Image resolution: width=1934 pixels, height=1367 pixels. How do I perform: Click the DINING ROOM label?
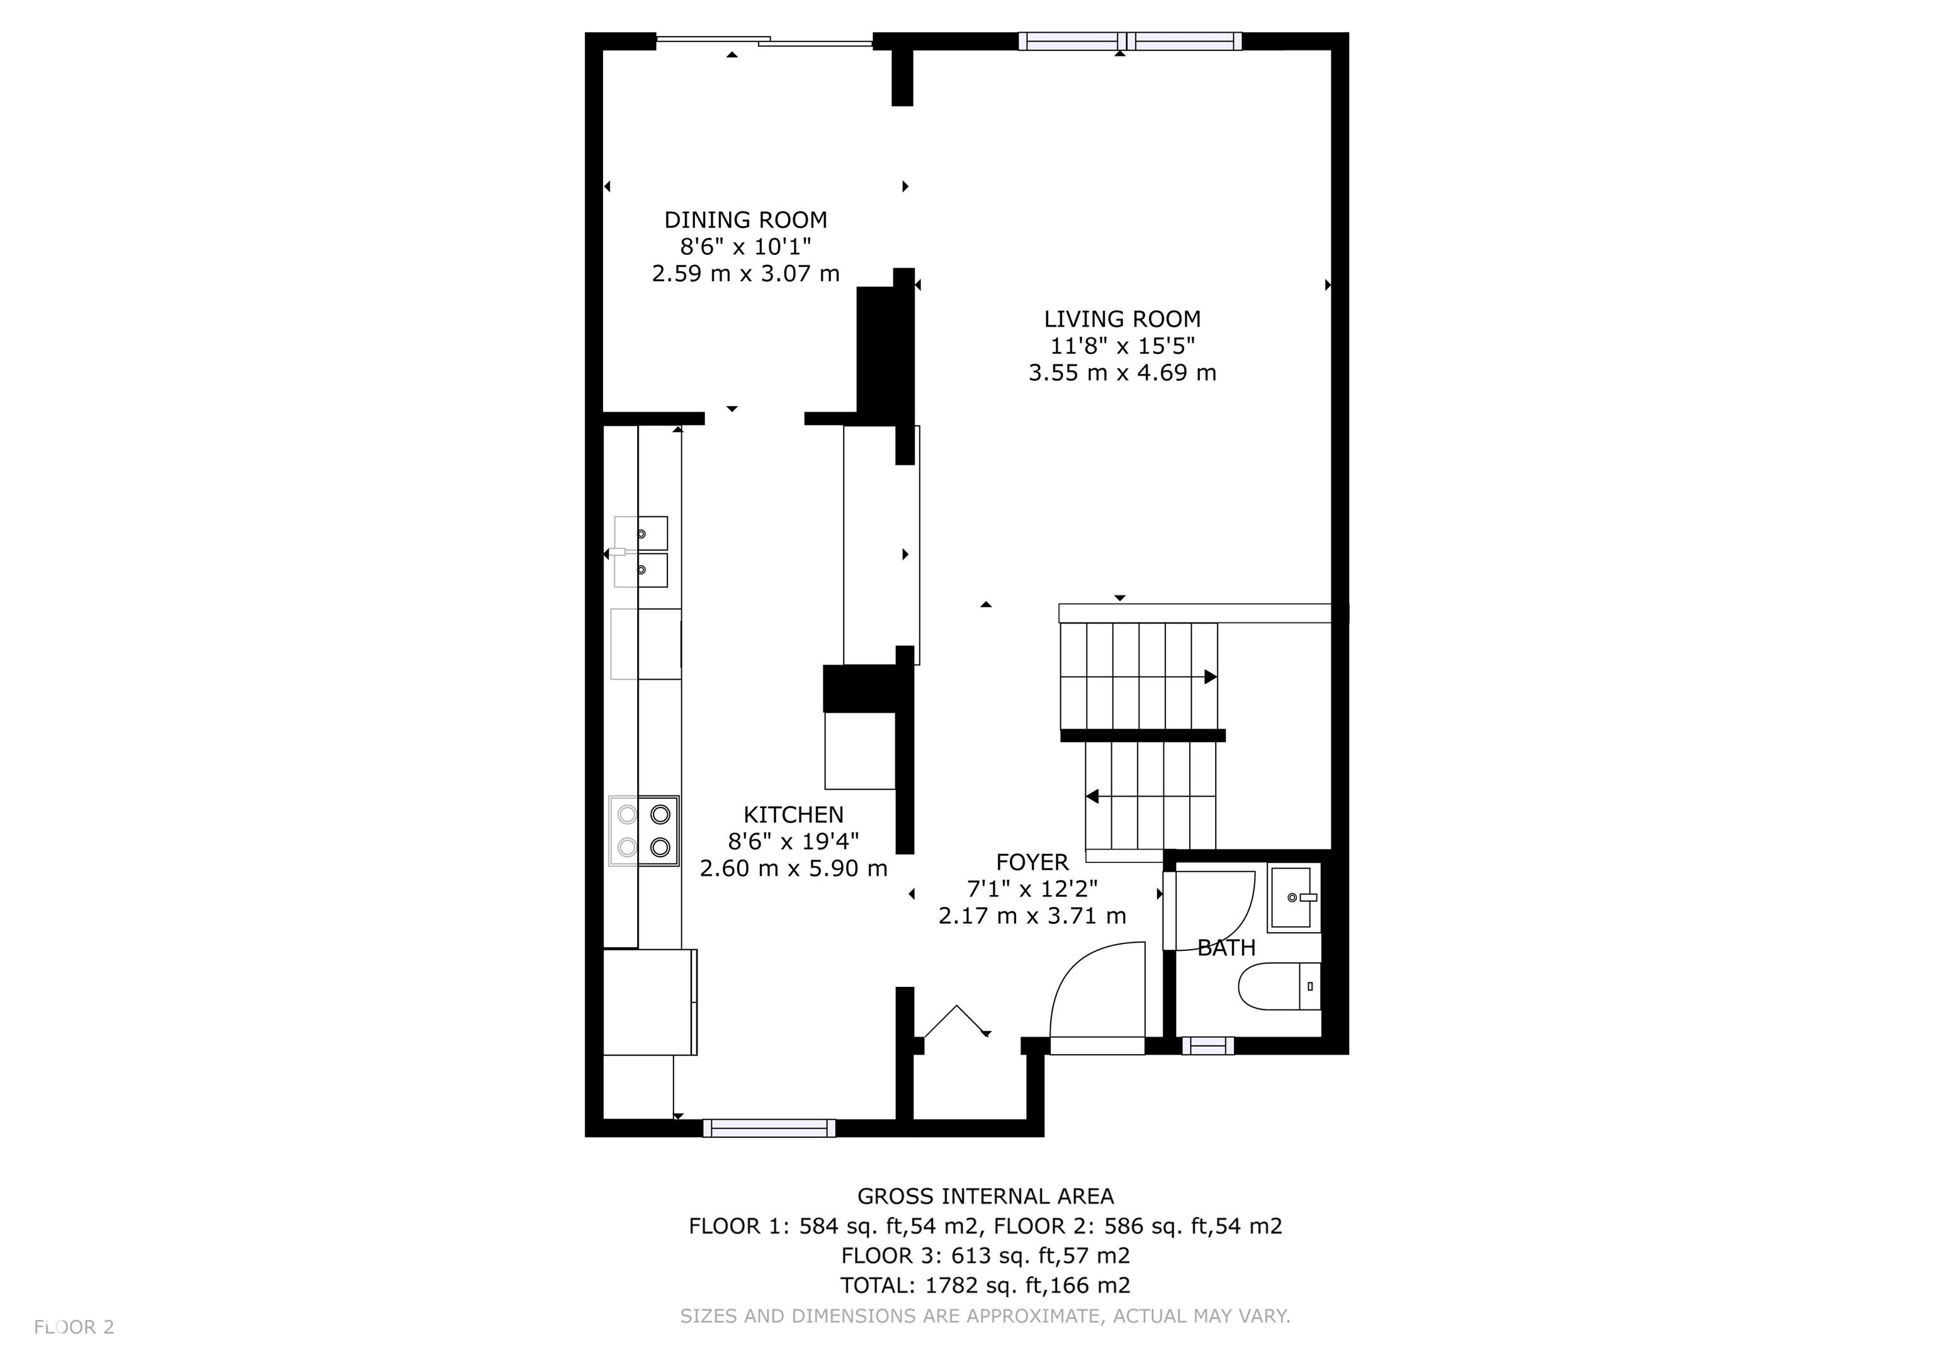click(x=745, y=220)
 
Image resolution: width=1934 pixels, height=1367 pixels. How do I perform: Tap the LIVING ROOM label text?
click(x=1122, y=319)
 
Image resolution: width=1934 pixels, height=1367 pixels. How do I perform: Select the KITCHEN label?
click(x=793, y=814)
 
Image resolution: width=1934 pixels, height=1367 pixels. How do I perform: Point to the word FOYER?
click(x=1032, y=862)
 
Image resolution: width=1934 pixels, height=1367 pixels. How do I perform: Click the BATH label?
click(x=1226, y=948)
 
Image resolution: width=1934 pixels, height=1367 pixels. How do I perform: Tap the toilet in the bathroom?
click(x=1279, y=986)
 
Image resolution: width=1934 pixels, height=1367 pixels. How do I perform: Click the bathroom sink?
click(x=1294, y=899)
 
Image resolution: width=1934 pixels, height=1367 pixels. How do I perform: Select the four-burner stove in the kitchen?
click(x=643, y=831)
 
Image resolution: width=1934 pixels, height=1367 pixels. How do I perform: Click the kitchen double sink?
click(x=640, y=552)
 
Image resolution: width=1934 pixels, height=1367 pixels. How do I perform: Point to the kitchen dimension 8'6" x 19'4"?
click(x=793, y=841)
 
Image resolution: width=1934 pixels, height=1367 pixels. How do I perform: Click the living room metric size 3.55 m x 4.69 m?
click(x=1122, y=373)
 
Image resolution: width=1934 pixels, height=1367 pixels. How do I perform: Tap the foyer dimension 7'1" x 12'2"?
click(x=1032, y=889)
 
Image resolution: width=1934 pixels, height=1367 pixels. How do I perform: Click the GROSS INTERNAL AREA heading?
click(x=985, y=1196)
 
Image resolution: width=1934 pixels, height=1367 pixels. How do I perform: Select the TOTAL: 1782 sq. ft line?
click(x=985, y=1285)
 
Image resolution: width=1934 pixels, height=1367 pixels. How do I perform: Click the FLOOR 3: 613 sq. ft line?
click(x=985, y=1256)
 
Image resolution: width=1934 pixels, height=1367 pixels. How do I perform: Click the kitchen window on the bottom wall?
click(x=769, y=1128)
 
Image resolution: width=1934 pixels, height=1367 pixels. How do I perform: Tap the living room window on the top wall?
click(x=1129, y=40)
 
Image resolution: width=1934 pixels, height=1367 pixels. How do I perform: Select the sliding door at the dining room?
click(x=764, y=40)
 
